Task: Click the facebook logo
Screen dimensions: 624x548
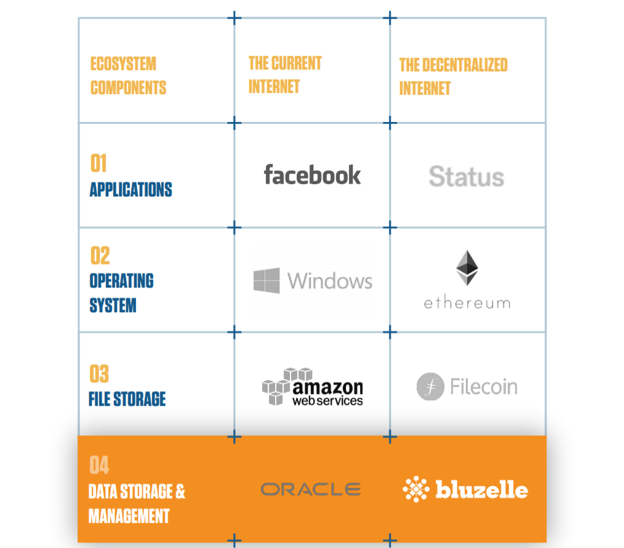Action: (313, 175)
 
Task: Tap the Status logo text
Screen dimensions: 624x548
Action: (466, 177)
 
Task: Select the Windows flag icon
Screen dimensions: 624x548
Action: (266, 280)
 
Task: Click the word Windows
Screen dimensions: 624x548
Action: (330, 281)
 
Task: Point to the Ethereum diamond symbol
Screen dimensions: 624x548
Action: (467, 268)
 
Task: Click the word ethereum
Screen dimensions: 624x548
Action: (467, 304)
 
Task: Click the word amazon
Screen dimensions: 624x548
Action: (327, 387)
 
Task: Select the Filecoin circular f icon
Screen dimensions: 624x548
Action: (430, 386)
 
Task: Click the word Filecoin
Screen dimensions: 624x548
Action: (484, 387)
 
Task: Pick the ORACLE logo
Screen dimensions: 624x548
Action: (311, 490)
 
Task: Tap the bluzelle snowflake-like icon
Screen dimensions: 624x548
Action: (416, 489)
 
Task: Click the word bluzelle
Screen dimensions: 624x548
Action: (482, 490)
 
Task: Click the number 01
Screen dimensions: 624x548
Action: (98, 163)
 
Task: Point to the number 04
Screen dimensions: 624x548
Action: (99, 465)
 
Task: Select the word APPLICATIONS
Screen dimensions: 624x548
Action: (131, 190)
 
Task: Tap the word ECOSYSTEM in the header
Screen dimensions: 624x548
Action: (123, 63)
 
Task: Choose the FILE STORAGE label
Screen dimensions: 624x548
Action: (127, 399)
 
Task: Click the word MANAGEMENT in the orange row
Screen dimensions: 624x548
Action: (129, 516)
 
